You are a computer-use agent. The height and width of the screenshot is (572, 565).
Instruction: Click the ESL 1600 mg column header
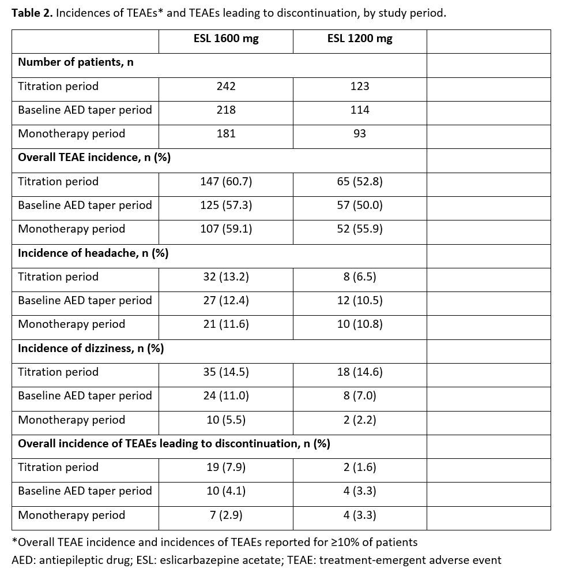pyautogui.click(x=226, y=39)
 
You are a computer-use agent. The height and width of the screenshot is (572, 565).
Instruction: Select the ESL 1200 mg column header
pyautogui.click(x=360, y=39)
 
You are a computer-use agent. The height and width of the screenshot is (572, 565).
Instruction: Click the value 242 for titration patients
pyautogui.click(x=226, y=87)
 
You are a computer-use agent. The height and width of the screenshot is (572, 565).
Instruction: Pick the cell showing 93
pyautogui.click(x=360, y=134)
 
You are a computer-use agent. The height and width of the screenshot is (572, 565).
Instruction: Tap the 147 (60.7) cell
pyautogui.click(x=226, y=182)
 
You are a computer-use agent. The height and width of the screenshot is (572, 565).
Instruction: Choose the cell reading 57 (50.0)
pyautogui.click(x=360, y=205)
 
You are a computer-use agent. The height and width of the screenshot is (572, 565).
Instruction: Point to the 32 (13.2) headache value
pyautogui.click(x=226, y=277)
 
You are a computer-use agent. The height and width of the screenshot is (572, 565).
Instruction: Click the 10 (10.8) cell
pyautogui.click(x=360, y=324)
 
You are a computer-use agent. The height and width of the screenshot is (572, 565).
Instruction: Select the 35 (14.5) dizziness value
pyautogui.click(x=226, y=372)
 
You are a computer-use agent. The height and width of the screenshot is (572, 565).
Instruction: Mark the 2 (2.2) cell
pyautogui.click(x=360, y=420)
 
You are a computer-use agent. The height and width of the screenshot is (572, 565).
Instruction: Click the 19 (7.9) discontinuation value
pyautogui.click(x=226, y=468)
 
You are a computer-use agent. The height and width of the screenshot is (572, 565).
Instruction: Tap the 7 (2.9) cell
pyautogui.click(x=226, y=515)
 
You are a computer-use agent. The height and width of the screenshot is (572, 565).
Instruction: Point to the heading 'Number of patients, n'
pyautogui.click(x=76, y=62)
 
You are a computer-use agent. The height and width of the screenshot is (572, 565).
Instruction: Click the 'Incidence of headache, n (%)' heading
pyautogui.click(x=93, y=253)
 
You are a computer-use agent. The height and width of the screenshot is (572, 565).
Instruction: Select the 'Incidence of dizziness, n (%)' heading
pyautogui.click(x=91, y=348)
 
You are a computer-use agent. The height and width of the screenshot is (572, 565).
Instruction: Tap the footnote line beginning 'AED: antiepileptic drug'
pyautogui.click(x=256, y=560)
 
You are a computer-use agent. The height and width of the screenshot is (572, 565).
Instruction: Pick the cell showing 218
pyautogui.click(x=226, y=110)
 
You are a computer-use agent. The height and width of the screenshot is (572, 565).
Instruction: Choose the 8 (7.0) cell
pyautogui.click(x=360, y=396)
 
